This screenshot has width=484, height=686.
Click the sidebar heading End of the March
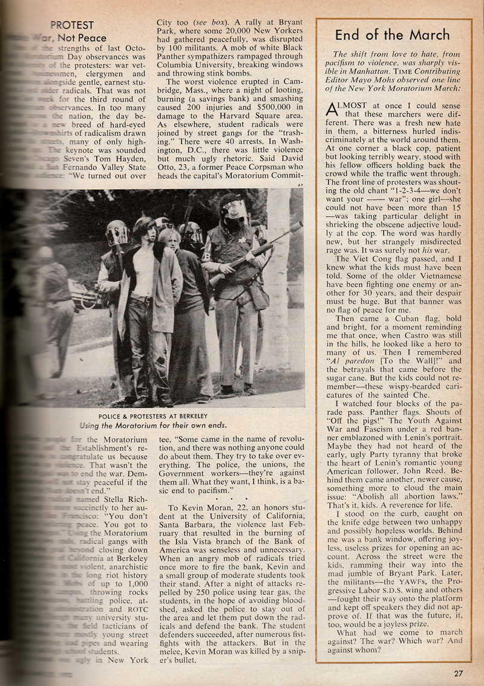point(392,34)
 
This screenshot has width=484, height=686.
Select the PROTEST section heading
point(72,25)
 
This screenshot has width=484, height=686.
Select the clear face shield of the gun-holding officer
point(235,210)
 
